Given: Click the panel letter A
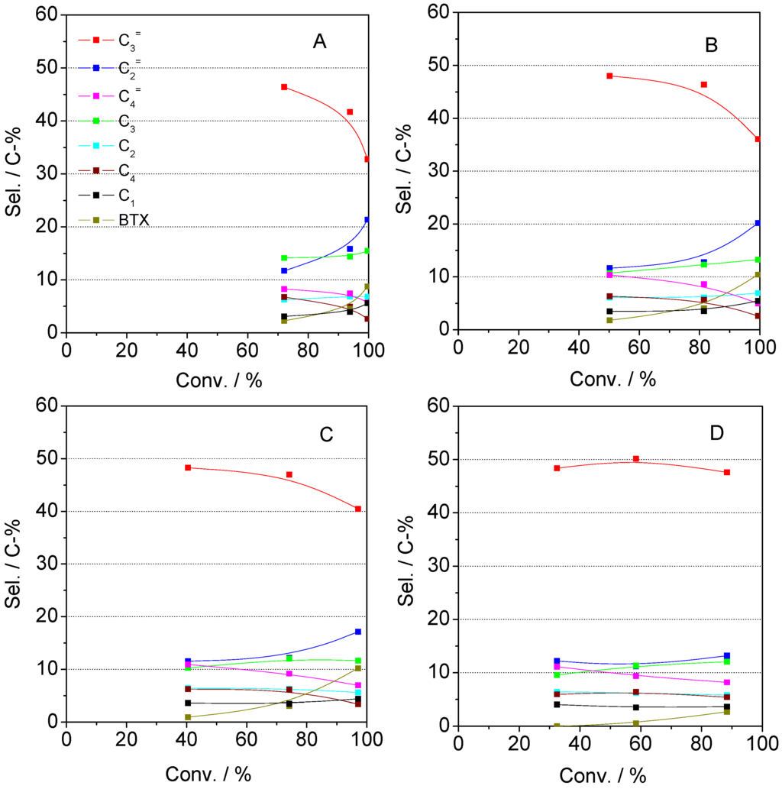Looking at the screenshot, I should pyautogui.click(x=319, y=43).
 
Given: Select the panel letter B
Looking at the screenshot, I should pyautogui.click(x=711, y=45).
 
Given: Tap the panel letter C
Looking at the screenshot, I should pyautogui.click(x=325, y=434).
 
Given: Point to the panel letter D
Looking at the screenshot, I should pyautogui.click(x=716, y=433).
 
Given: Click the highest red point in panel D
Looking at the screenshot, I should pyautogui.click(x=635, y=459).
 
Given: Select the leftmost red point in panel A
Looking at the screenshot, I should pyautogui.click(x=284, y=87).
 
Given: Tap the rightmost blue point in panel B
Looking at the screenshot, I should pyautogui.click(x=758, y=223).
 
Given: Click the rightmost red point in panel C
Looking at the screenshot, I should pyautogui.click(x=358, y=509).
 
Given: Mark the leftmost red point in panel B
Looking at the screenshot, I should pyautogui.click(x=609, y=76).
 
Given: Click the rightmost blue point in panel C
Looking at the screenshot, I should pyautogui.click(x=358, y=632).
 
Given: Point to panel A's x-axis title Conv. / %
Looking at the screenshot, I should pyautogui.click(x=217, y=380).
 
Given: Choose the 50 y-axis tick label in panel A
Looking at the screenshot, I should pyautogui.click(x=47, y=67).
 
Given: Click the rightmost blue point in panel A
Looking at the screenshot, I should pyautogui.click(x=367, y=219).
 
